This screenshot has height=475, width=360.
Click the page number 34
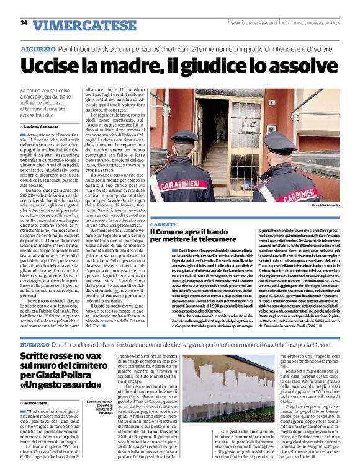pyautogui.click(x=24, y=22)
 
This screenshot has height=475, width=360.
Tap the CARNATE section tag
pyautogui.click(x=163, y=222)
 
